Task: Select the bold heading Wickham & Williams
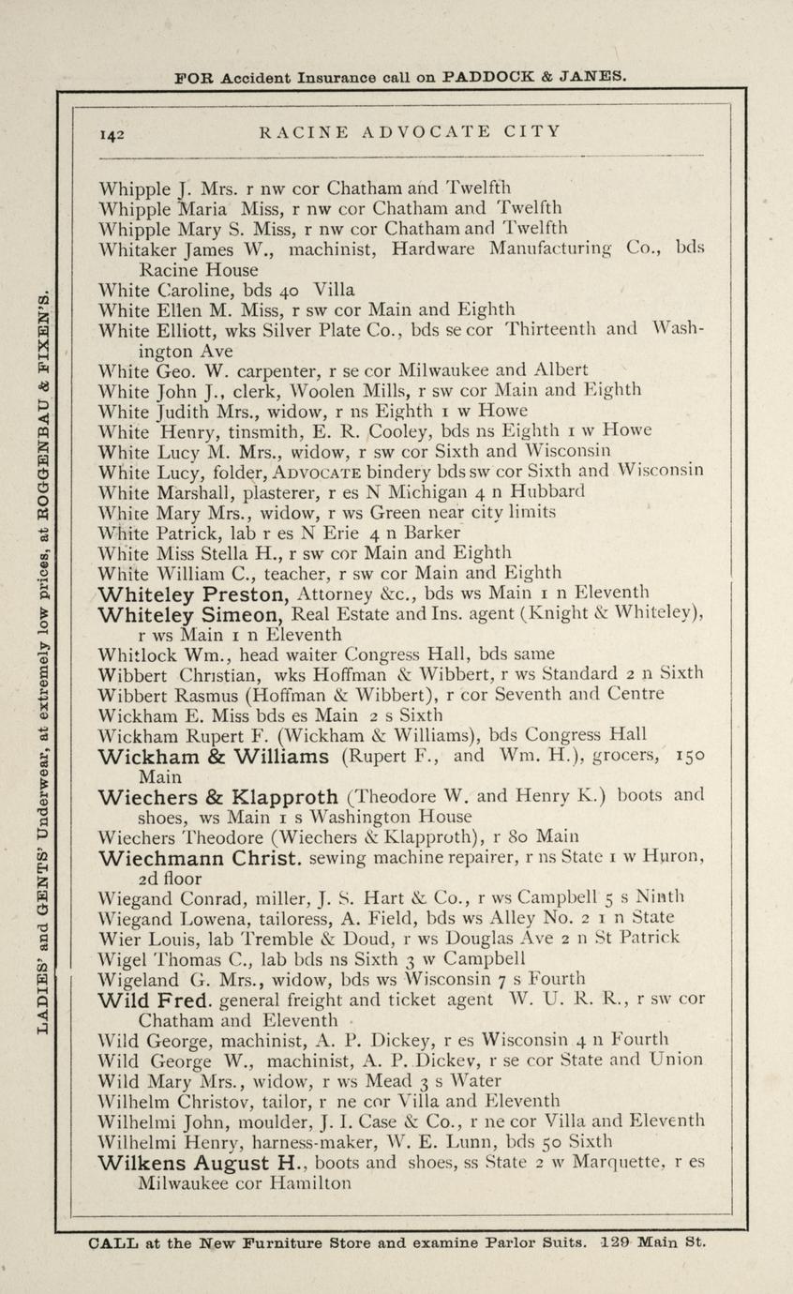pos(214,757)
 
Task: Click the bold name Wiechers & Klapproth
pos(220,798)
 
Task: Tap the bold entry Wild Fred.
pos(157,1001)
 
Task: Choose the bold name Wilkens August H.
pos(202,1164)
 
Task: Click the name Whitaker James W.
pos(187,249)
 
